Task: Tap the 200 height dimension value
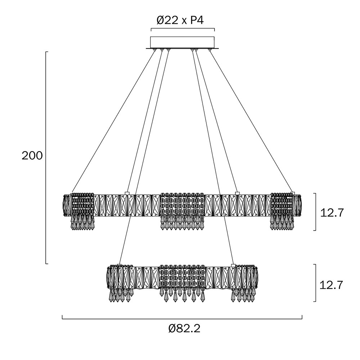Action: pos(32,156)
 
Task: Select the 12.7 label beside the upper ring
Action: pos(332,212)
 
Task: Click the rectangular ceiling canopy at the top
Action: pos(182,42)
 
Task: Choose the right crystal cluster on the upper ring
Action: pos(283,211)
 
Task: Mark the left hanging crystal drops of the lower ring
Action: pos(120,295)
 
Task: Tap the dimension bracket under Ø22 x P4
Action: pos(182,29)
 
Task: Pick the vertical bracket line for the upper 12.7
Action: pos(316,212)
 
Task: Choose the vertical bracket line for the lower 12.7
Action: pos(316,283)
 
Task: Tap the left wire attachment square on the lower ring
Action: pos(120,266)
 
